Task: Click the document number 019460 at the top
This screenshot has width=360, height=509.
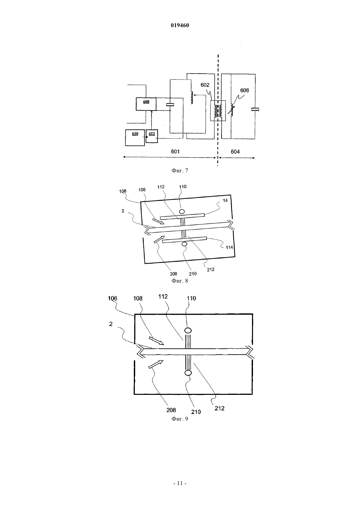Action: [x=180, y=26]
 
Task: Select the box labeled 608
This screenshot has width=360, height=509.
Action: [x=146, y=104]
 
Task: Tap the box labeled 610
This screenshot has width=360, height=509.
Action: [x=135, y=138]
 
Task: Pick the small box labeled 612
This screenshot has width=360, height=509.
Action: [x=152, y=136]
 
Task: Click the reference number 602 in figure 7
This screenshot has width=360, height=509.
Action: [x=205, y=85]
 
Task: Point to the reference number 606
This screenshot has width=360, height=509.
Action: [x=244, y=90]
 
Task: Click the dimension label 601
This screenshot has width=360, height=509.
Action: [x=175, y=151]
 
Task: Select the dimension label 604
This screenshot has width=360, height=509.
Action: [x=235, y=151]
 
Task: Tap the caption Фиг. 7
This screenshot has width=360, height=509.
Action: [x=180, y=170]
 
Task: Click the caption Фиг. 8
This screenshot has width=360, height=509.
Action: [x=180, y=281]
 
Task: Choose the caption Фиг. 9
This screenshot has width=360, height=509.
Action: [x=180, y=419]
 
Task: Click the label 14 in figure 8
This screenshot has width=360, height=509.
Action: [x=225, y=201]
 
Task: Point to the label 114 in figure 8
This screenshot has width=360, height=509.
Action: [x=229, y=247]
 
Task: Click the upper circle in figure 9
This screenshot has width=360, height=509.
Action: [x=188, y=330]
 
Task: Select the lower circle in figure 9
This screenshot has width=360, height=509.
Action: [x=188, y=373]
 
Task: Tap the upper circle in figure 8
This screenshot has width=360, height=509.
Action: [x=182, y=212]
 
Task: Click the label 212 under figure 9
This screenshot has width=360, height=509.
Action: [x=220, y=408]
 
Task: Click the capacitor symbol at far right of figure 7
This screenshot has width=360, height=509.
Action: [x=255, y=110]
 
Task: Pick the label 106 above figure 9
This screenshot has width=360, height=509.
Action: [x=113, y=298]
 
